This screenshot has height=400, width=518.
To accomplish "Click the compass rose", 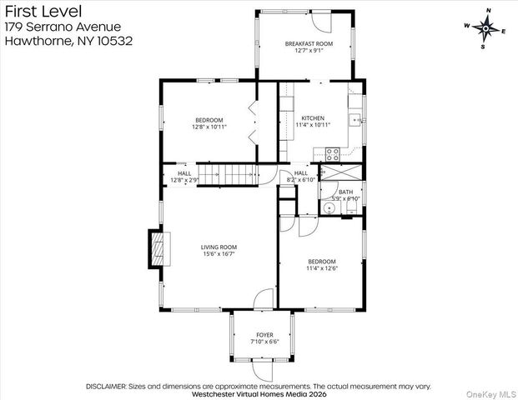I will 485,27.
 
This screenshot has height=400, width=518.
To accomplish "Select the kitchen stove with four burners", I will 332,153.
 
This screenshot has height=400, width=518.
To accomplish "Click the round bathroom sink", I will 329,208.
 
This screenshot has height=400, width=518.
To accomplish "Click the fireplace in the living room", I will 158,247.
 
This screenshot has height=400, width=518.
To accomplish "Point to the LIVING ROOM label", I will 219,247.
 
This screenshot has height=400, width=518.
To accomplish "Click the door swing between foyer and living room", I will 265,298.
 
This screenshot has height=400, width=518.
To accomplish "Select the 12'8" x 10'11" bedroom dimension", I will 209,127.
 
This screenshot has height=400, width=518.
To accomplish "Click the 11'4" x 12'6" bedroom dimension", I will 320,268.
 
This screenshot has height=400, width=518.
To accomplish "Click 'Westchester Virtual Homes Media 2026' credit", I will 259,394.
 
